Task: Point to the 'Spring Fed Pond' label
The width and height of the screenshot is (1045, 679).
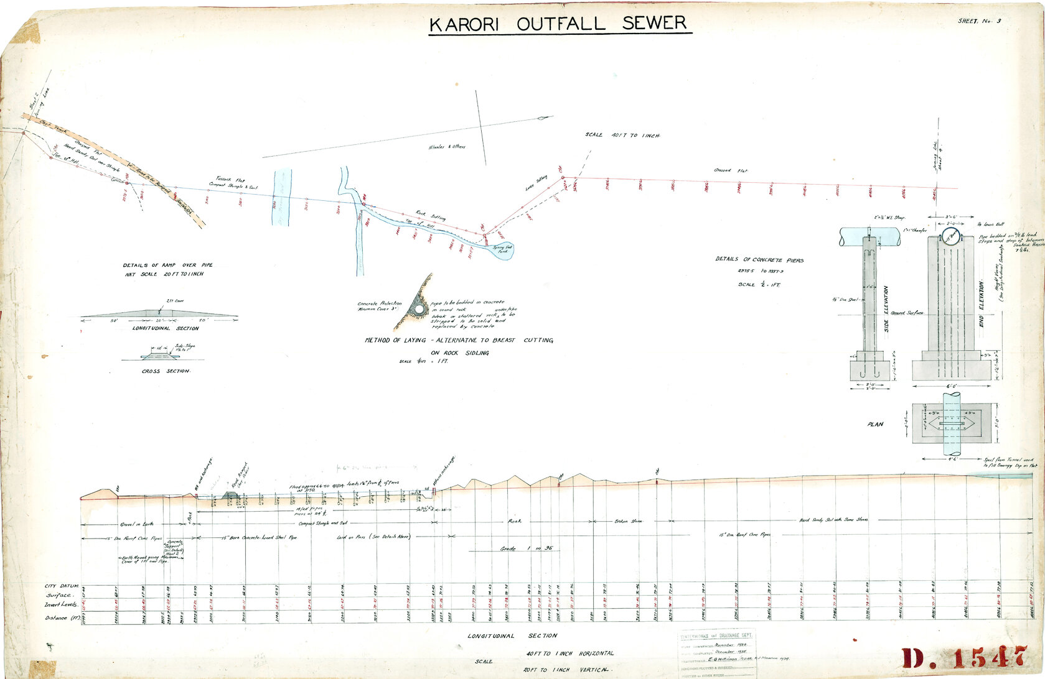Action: pos(502,249)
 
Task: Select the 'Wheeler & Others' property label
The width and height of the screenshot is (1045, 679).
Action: pos(447,147)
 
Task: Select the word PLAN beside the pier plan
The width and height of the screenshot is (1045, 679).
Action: pos(875,425)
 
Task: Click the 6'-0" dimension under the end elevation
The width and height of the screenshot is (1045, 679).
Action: pos(951,386)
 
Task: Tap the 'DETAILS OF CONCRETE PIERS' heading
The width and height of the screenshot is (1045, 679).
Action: pos(759,260)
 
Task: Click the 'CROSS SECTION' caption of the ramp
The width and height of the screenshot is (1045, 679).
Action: pos(166,371)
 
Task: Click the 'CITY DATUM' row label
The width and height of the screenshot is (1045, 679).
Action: pos(62,586)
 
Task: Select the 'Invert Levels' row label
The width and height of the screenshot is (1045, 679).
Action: pos(61,604)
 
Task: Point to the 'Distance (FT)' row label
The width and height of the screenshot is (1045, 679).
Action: pos(64,618)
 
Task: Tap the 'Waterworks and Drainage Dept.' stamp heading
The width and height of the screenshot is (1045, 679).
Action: pos(716,635)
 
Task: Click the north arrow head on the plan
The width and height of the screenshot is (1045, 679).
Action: pos(547,118)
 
